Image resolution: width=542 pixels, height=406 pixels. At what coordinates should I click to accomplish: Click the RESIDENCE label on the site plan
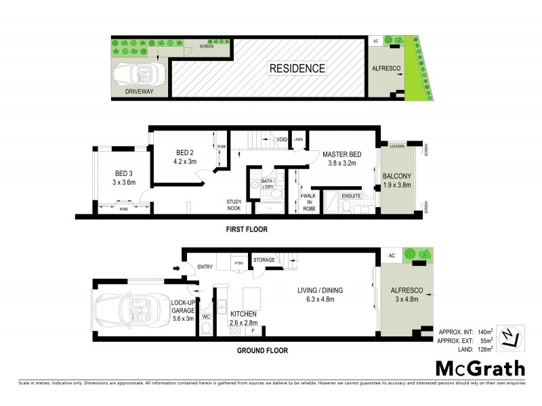pos(297,68)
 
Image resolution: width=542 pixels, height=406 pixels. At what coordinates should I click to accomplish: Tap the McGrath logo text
pos(479,369)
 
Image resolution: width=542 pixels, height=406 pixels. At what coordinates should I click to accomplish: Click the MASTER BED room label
pos(341,154)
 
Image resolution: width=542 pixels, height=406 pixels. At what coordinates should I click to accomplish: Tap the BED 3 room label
pos(125,173)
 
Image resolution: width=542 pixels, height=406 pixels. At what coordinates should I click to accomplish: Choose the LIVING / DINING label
pos(320,290)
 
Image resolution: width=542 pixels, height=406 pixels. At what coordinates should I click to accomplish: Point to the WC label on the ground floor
pos(205,315)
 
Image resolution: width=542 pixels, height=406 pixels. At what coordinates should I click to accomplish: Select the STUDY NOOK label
pos(234,205)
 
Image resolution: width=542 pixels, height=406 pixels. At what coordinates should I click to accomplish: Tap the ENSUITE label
pos(350,196)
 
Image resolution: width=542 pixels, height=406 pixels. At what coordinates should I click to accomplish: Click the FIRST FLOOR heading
pos(246,229)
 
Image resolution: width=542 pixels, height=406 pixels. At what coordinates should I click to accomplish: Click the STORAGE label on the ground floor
pos(264,260)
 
